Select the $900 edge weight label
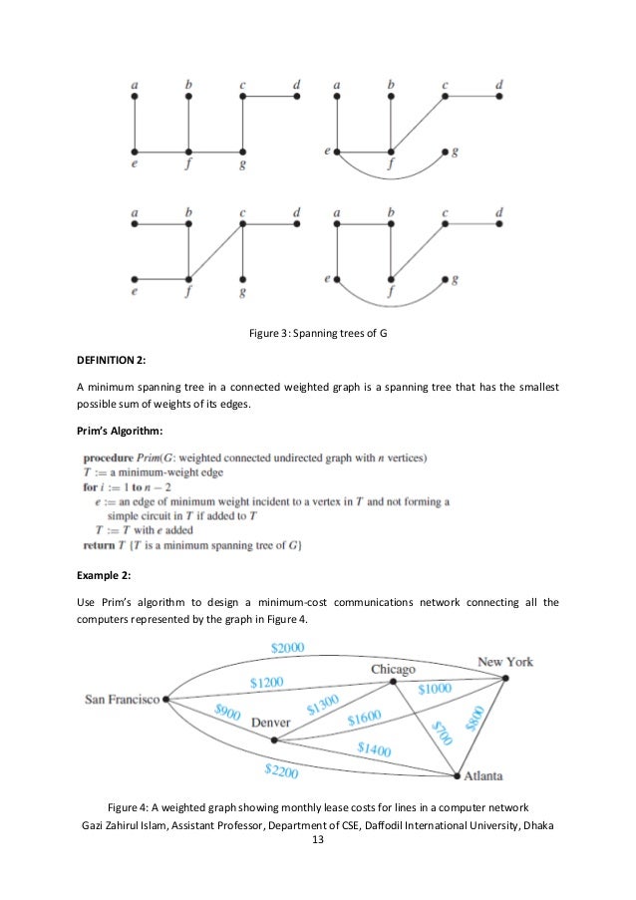click(x=228, y=712)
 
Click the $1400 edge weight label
click(x=374, y=749)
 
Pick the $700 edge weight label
click(x=440, y=734)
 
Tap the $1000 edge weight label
click(x=436, y=689)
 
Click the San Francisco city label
click(x=121, y=700)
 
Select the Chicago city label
click(x=393, y=669)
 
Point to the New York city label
click(x=505, y=662)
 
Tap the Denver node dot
click(x=274, y=740)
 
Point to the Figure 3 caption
click(x=317, y=333)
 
